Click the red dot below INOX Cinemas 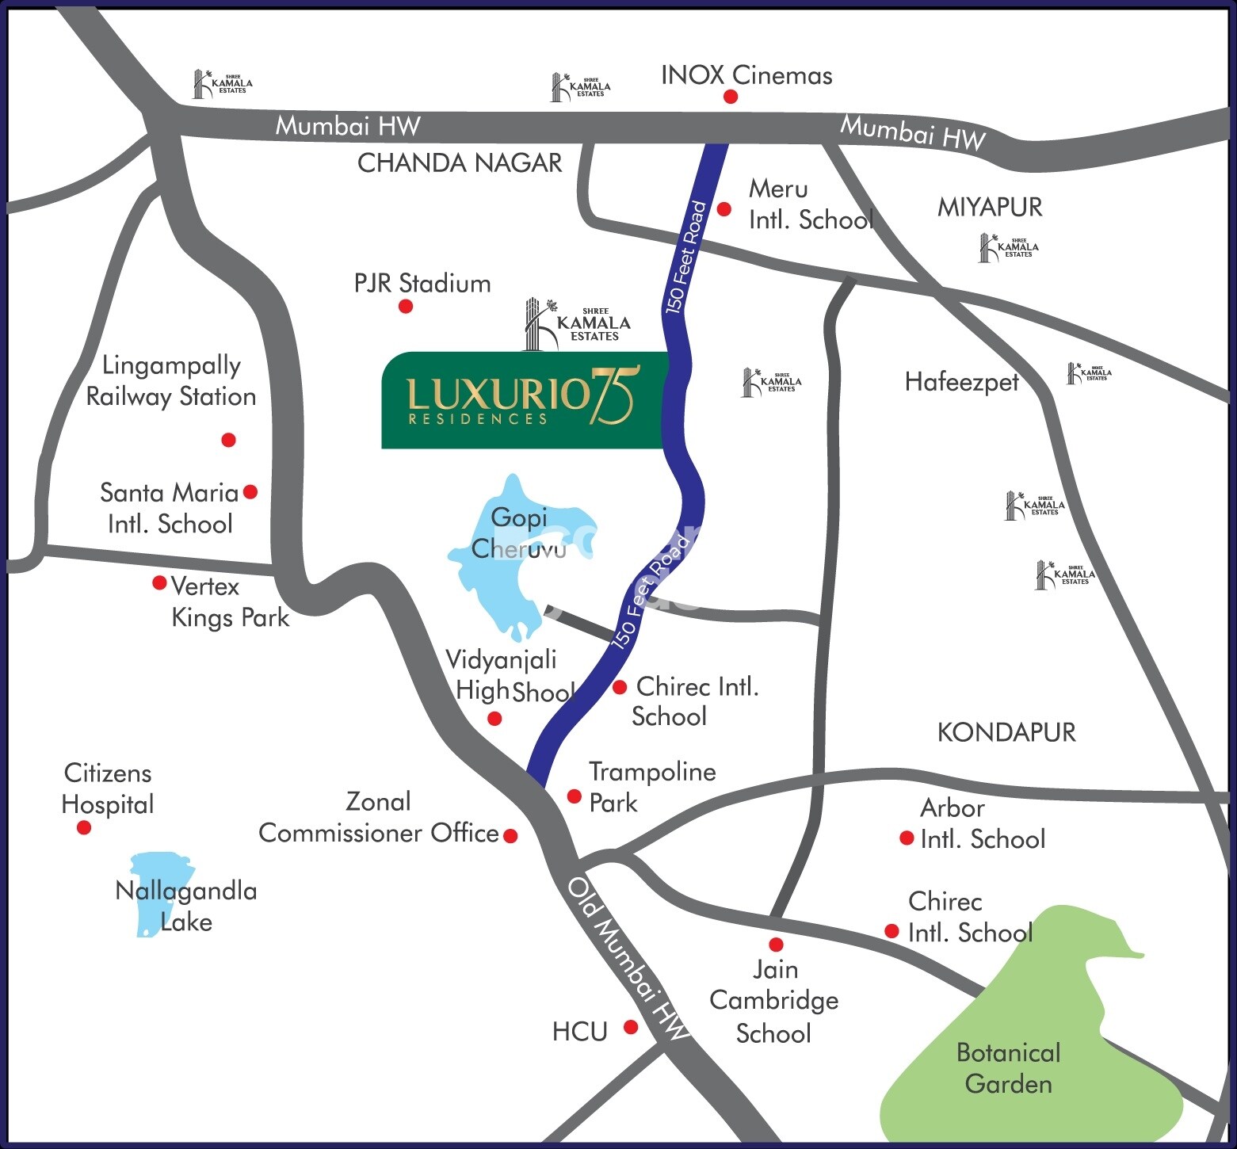(730, 97)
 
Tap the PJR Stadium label (422, 283)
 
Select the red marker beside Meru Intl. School (723, 209)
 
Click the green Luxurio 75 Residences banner (521, 400)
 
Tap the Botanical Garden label (1008, 1067)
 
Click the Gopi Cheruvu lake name (518, 533)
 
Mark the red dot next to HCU (631, 1027)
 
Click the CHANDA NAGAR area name (460, 163)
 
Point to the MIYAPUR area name (990, 208)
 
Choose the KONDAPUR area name (1006, 732)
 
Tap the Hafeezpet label (961, 382)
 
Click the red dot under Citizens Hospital (84, 828)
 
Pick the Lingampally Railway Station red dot (228, 440)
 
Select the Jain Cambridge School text (773, 1001)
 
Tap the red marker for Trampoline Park (575, 796)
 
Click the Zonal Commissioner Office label (378, 818)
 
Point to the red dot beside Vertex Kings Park (159, 583)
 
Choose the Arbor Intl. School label (982, 823)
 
